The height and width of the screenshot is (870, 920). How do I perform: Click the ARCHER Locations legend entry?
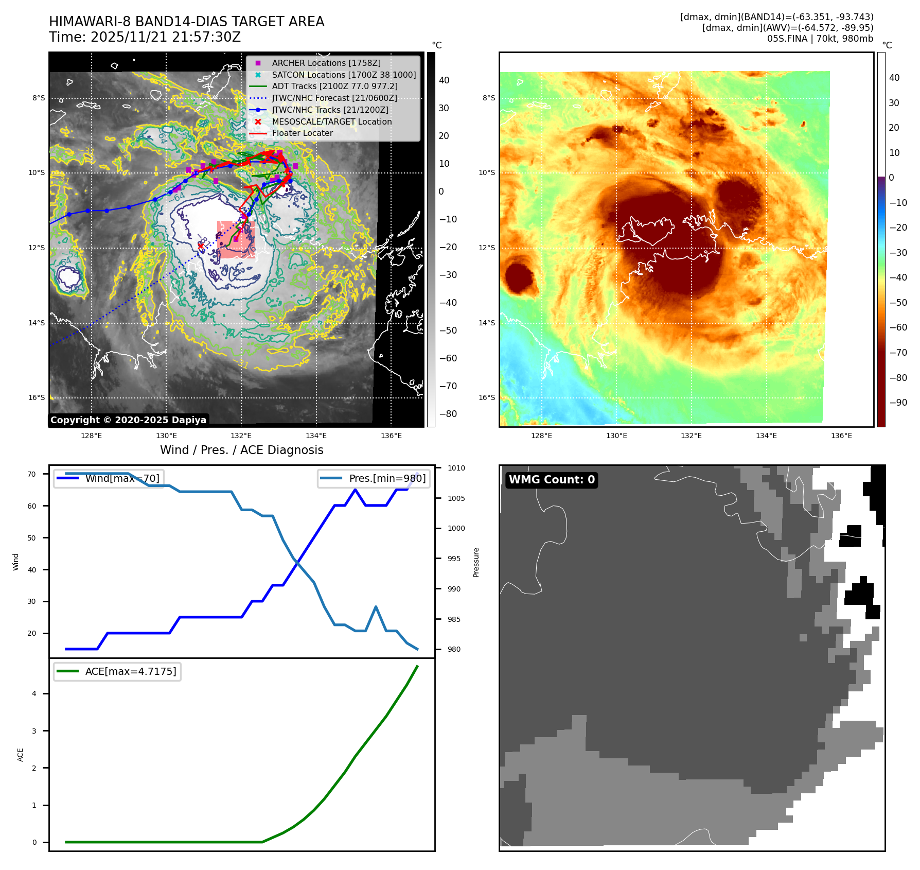pyautogui.click(x=326, y=63)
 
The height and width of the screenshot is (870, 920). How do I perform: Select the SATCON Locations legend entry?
pyautogui.click(x=344, y=75)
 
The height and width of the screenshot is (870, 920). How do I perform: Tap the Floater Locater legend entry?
pyautogui.click(x=302, y=133)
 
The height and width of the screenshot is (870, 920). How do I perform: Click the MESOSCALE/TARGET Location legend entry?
pyautogui.click(x=331, y=121)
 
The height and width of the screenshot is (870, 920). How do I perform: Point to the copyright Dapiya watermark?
pyautogui.click(x=128, y=420)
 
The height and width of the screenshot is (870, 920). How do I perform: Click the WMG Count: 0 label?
pyautogui.click(x=552, y=480)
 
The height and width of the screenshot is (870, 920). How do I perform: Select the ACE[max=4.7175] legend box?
pyautogui.click(x=117, y=671)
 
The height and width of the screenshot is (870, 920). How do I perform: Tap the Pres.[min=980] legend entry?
pyautogui.click(x=374, y=478)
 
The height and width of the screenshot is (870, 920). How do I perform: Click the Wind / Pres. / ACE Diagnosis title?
pyautogui.click(x=242, y=450)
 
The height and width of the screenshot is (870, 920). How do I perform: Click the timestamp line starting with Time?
pyautogui.click(x=145, y=37)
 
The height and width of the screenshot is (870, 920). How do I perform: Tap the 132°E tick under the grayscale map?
pyautogui.click(x=241, y=436)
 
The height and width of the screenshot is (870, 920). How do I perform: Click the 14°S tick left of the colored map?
pyautogui.click(x=487, y=323)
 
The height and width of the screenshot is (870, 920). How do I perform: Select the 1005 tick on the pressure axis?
pyautogui.click(x=456, y=498)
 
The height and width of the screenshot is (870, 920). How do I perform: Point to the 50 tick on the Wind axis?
pyautogui.click(x=32, y=538)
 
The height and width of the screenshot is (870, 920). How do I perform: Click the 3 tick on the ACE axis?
pyautogui.click(x=34, y=731)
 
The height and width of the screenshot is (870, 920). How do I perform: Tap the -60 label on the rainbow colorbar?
pyautogui.click(x=898, y=327)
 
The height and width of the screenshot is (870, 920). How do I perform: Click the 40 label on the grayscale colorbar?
pyautogui.click(x=444, y=80)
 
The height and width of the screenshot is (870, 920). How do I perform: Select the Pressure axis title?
pyautogui.click(x=476, y=562)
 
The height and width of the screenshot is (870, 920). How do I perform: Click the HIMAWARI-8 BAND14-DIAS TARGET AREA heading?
pyautogui.click(x=186, y=22)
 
